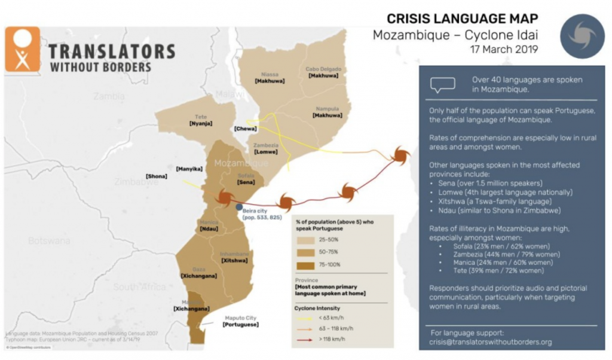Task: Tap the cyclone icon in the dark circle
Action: (x=582, y=36)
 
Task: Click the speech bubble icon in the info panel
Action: (x=442, y=85)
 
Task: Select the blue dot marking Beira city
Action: (x=238, y=206)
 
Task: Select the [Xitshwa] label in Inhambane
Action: (x=234, y=261)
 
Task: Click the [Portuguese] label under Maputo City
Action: (x=240, y=324)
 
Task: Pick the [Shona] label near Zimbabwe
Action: (x=157, y=176)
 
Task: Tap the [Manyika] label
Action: (x=189, y=169)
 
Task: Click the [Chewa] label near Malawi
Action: (x=246, y=129)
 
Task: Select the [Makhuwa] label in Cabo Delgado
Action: (x=323, y=76)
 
